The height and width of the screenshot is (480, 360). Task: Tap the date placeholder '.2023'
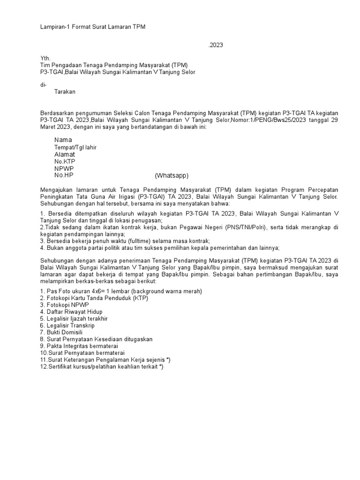click(x=216, y=45)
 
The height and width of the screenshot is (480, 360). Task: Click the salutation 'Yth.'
click(x=45, y=58)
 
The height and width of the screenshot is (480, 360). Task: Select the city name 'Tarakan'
click(x=65, y=92)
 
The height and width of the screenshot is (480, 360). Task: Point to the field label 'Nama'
click(x=63, y=140)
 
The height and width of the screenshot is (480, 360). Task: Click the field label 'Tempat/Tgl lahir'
click(x=75, y=147)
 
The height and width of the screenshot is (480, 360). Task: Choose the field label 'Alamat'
click(x=65, y=154)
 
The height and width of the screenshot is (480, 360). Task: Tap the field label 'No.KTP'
click(x=65, y=161)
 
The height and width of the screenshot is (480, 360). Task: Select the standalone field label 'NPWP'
click(x=64, y=168)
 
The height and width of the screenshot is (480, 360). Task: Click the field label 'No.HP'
click(x=64, y=175)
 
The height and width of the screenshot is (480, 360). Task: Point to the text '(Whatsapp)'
click(x=172, y=176)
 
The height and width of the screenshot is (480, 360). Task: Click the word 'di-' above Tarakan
click(x=44, y=85)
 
